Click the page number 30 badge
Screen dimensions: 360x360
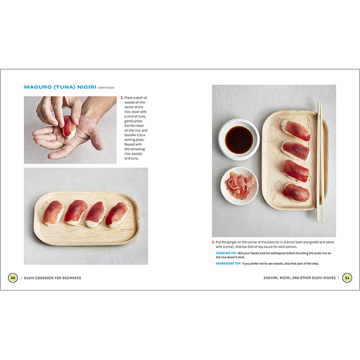coord(13,278)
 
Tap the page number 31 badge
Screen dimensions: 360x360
coord(347,278)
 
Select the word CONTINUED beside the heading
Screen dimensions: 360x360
coord(106,88)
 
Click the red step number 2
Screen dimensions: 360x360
coord(122,98)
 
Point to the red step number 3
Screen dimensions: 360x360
coord(213,242)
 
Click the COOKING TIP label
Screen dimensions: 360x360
coord(226,253)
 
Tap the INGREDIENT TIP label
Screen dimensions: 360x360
coord(228,263)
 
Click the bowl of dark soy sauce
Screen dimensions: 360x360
coord(239,139)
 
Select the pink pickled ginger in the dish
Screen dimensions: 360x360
coord(240,186)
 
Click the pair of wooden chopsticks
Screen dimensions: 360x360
coord(320,163)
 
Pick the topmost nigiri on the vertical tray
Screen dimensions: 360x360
coord(296,130)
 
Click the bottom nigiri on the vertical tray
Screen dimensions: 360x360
coord(296,193)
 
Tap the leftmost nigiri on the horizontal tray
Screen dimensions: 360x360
coord(53,213)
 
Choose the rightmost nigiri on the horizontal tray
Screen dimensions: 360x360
coord(117,215)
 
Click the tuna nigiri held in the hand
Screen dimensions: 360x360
coord(69,127)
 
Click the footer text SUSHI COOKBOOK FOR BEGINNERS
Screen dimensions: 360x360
coord(52,278)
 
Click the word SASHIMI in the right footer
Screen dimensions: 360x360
coord(271,278)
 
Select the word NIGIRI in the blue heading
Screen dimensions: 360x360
coord(87,87)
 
